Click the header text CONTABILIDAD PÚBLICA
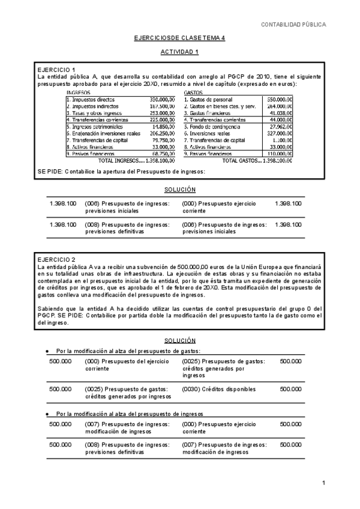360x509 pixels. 294,25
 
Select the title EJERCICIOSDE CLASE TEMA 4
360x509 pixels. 179,38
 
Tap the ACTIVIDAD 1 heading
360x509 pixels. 179,52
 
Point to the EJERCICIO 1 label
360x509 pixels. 56,70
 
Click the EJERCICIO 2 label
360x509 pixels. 56,258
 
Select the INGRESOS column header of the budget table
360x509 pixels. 79,92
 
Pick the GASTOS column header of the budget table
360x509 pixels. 193,92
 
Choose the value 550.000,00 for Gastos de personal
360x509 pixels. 280,99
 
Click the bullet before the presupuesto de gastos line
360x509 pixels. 47,351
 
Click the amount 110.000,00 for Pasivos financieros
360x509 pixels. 280,154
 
